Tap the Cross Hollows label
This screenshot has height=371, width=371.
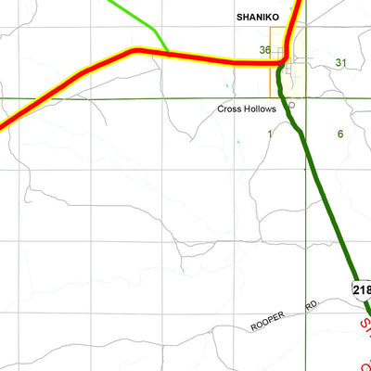tap(246, 109)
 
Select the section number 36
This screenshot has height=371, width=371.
tap(265, 50)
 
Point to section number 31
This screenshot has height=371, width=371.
tap(340, 62)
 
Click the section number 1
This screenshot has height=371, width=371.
tap(270, 134)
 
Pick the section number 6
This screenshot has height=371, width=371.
tap(340, 134)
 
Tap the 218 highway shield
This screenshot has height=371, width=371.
tap(362, 289)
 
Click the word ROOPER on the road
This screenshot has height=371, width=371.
tap(271, 323)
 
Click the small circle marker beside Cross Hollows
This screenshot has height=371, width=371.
tap(291, 105)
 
